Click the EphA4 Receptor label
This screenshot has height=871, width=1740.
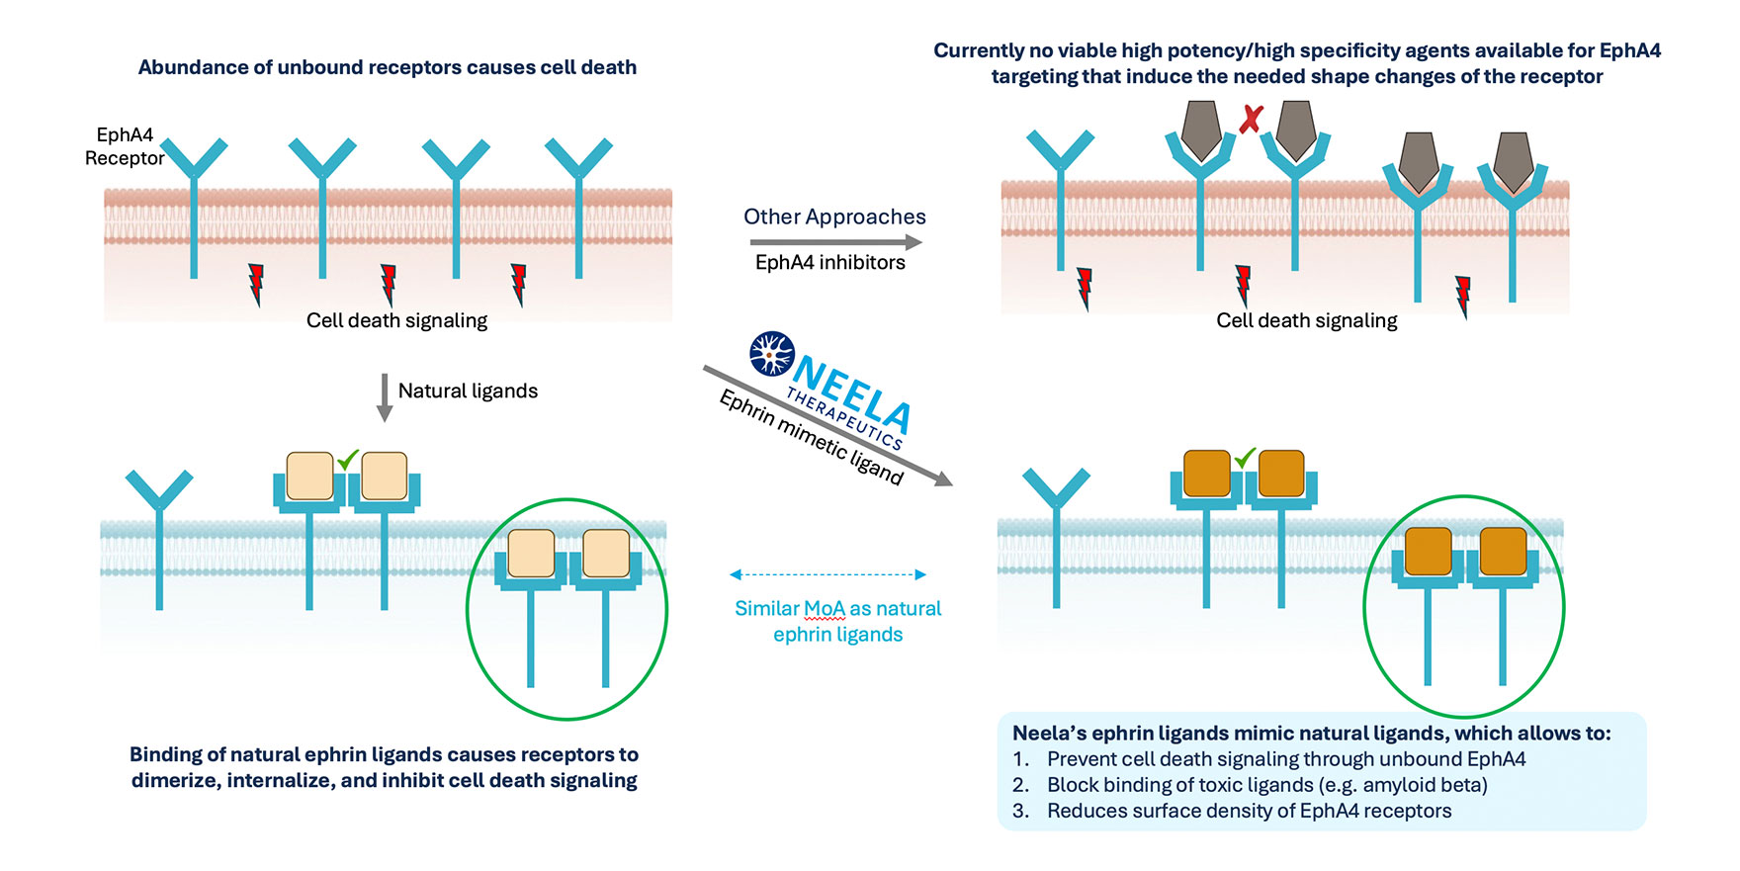pos(125,146)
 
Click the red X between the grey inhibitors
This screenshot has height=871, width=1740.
pos(1252,120)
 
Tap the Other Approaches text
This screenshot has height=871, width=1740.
pos(834,217)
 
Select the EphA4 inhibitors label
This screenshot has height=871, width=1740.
pos(829,262)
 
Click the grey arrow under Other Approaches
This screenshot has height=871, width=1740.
pos(835,241)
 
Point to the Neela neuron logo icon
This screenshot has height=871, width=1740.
pos(772,354)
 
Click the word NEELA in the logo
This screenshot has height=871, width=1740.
pos(852,392)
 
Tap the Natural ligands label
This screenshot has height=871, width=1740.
pos(468,391)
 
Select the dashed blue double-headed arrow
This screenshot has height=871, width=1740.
pos(827,574)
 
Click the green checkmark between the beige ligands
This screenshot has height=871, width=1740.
pos(348,460)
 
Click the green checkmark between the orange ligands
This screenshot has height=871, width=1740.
pos(1245,458)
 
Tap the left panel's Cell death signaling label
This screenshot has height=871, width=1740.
pos(396,320)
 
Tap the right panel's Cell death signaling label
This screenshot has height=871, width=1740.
pos(1306,320)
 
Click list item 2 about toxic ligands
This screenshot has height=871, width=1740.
pos(1266,785)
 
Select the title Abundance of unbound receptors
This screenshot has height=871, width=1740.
pos(387,67)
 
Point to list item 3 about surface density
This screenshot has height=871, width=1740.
pos(1249,811)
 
